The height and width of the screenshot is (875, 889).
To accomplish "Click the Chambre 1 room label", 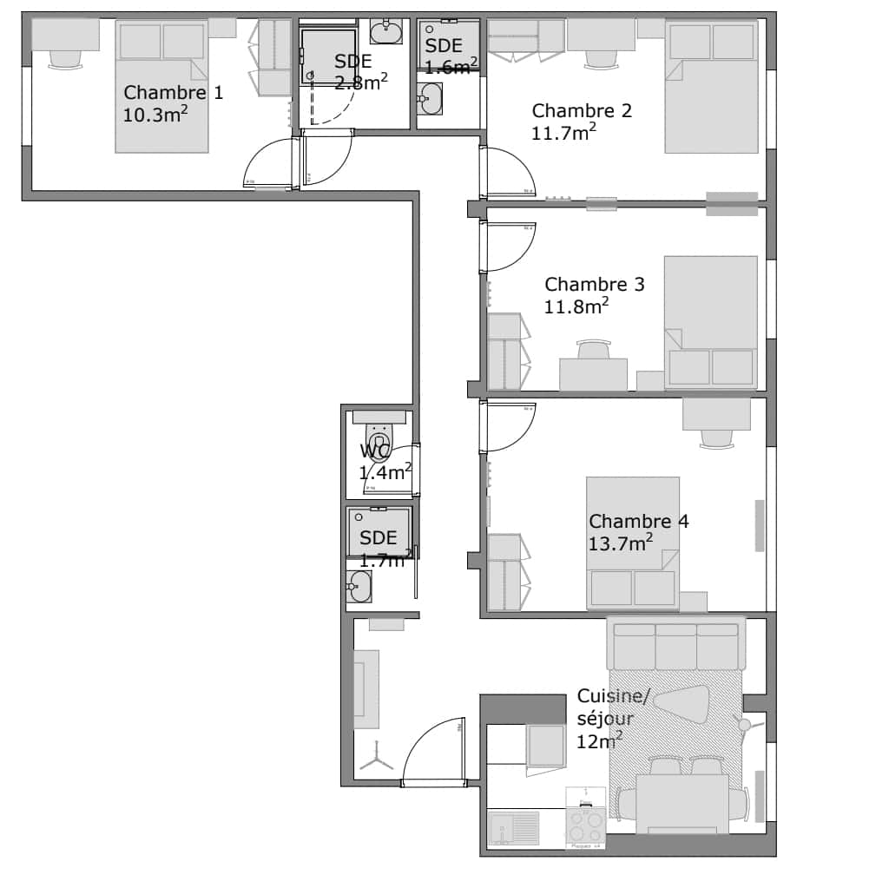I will coord(173,93).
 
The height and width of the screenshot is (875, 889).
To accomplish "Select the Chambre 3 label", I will coord(594,285).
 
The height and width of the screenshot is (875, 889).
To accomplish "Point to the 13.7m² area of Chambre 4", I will coord(620,543).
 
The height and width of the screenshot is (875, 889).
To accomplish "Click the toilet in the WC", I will coord(379,438).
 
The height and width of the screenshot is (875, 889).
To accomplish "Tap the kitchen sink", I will coord(511,828).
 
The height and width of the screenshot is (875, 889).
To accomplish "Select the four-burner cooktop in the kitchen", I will coord(586,821).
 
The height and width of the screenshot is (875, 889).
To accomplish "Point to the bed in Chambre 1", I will coord(161,87).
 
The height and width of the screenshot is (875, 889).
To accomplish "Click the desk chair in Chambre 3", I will coord(593,349).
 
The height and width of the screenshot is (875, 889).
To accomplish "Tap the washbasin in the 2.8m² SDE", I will coord(385,33).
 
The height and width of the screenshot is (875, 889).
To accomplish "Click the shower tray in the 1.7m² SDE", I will coord(379,530).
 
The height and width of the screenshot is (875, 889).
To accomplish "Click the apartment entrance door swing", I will coord(431,754).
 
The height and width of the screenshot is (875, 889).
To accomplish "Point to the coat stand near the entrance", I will coord(378,760).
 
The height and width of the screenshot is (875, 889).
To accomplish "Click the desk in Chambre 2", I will coord(601,35).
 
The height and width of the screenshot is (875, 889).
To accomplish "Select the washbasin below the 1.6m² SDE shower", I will coord(429,99).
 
